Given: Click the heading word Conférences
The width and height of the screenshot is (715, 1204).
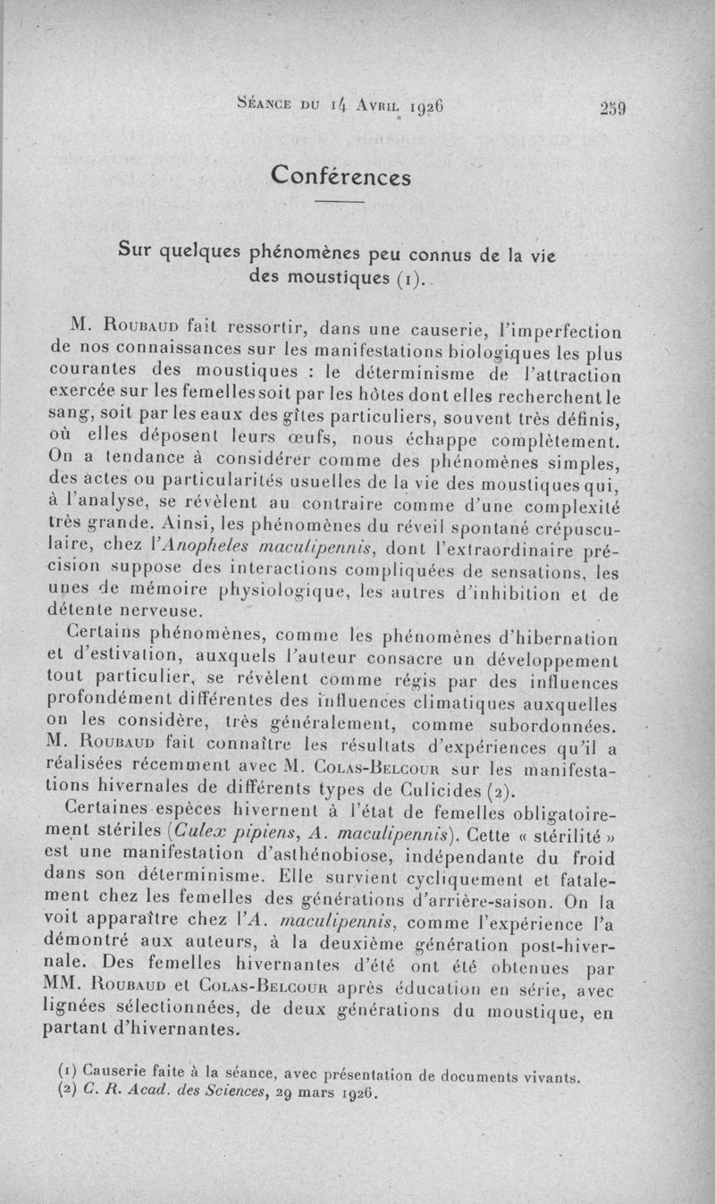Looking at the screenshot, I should (x=341, y=175).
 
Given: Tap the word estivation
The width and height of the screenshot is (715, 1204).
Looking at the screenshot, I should (x=130, y=660).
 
